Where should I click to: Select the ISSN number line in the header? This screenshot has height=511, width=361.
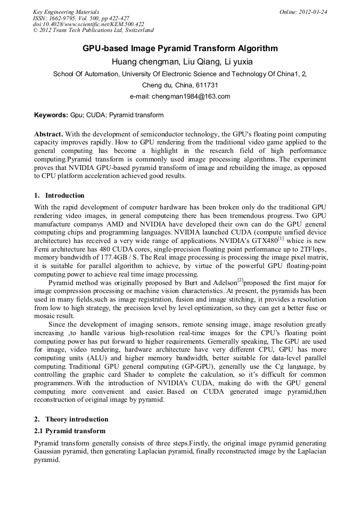coord(80,18)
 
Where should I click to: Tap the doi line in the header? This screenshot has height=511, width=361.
coord(88,25)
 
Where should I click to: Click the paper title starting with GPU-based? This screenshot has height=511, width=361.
coord(180,48)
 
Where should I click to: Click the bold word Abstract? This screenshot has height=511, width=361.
coord(48,134)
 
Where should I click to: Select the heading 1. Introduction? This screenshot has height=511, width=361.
coord(59,196)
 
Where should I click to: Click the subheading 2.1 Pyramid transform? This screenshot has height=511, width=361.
coord(70,431)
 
